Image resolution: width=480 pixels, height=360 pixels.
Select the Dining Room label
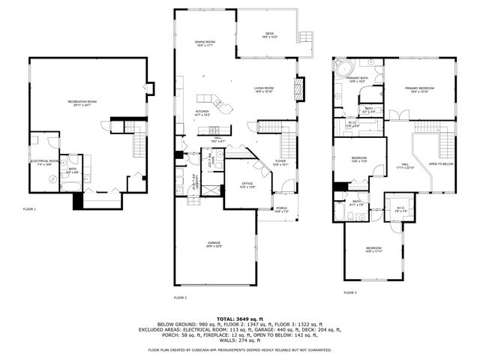pyautogui.click(x=205, y=43)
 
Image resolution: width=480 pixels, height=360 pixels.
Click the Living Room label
pyautogui.click(x=263, y=88)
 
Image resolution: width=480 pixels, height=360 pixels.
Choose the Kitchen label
pyautogui.click(x=202, y=112)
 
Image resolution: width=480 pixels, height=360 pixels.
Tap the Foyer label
pyautogui.click(x=280, y=160)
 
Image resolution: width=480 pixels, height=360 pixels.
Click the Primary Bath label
pyautogui.click(x=357, y=78)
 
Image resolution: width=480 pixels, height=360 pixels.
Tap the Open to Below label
pyautogui.click(x=441, y=163)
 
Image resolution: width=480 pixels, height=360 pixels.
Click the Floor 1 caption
pyautogui.click(x=29, y=209)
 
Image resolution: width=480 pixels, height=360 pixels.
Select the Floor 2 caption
pyautogui.click(x=180, y=298)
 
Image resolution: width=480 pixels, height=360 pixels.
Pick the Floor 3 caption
pyautogui.click(x=350, y=292)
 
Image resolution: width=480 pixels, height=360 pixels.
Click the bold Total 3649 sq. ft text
pyautogui.click(x=239, y=319)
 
